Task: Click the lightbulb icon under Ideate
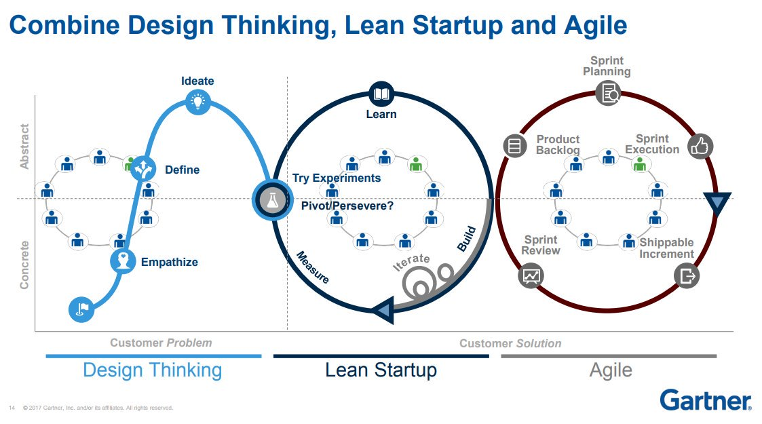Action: [x=197, y=102]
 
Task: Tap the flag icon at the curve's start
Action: [x=81, y=309]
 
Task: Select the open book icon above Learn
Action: [x=381, y=94]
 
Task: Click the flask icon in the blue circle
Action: [x=273, y=199]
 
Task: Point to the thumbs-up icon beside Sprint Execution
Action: [x=700, y=146]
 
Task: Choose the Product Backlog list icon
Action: [x=514, y=146]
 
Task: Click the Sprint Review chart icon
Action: [x=531, y=276]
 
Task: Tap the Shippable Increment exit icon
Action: [x=687, y=276]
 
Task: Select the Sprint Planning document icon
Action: [x=608, y=93]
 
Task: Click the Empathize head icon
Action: [x=123, y=261]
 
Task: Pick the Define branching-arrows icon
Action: [x=143, y=168]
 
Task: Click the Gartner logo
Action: [x=706, y=400]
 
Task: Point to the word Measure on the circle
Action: [x=313, y=267]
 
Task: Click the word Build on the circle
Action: [x=467, y=239]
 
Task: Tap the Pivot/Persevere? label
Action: [x=347, y=206]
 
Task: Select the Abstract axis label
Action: [x=24, y=146]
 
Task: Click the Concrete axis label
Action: [x=24, y=265]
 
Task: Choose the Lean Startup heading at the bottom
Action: [x=381, y=370]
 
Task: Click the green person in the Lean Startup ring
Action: [x=415, y=164]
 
